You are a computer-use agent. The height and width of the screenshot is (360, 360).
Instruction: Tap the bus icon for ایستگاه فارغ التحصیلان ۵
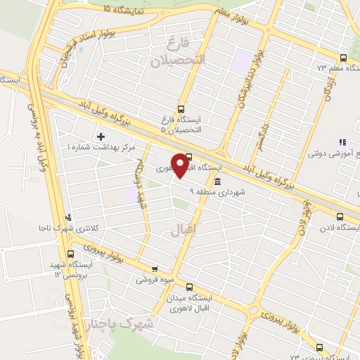(181, 110)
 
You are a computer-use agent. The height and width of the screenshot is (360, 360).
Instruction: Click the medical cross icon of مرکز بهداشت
(100, 136)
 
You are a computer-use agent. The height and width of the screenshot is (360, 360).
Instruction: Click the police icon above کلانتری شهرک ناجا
(67, 217)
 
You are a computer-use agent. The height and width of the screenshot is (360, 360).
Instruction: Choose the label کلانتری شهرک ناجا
(68, 229)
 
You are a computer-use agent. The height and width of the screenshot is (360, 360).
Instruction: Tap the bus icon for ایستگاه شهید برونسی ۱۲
(70, 253)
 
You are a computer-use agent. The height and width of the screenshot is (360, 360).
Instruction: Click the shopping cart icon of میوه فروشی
(155, 269)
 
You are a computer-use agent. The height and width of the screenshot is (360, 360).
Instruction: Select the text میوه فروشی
(154, 279)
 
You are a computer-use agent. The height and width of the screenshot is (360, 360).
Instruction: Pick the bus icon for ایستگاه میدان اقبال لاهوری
(189, 286)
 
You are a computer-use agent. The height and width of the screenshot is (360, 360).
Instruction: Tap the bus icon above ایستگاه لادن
(340, 217)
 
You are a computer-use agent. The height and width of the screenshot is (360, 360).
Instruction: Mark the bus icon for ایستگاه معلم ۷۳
(342, 58)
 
